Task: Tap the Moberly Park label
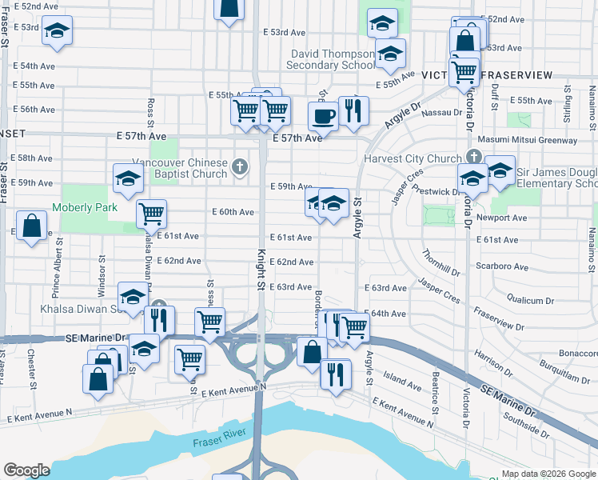pyautogui.click(x=85, y=208)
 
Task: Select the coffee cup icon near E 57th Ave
pyautogui.click(x=323, y=115)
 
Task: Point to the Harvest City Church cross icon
pyautogui.click(x=473, y=156)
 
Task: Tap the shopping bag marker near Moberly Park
pyautogui.click(x=32, y=226)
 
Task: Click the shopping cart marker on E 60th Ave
pyautogui.click(x=151, y=214)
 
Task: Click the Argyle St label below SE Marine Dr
pyautogui.click(x=369, y=365)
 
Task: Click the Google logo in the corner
pyautogui.click(x=26, y=470)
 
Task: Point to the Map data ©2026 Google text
pyautogui.click(x=548, y=474)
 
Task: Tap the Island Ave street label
pyautogui.click(x=402, y=386)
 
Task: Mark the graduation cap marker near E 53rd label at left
pyautogui.click(x=57, y=30)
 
